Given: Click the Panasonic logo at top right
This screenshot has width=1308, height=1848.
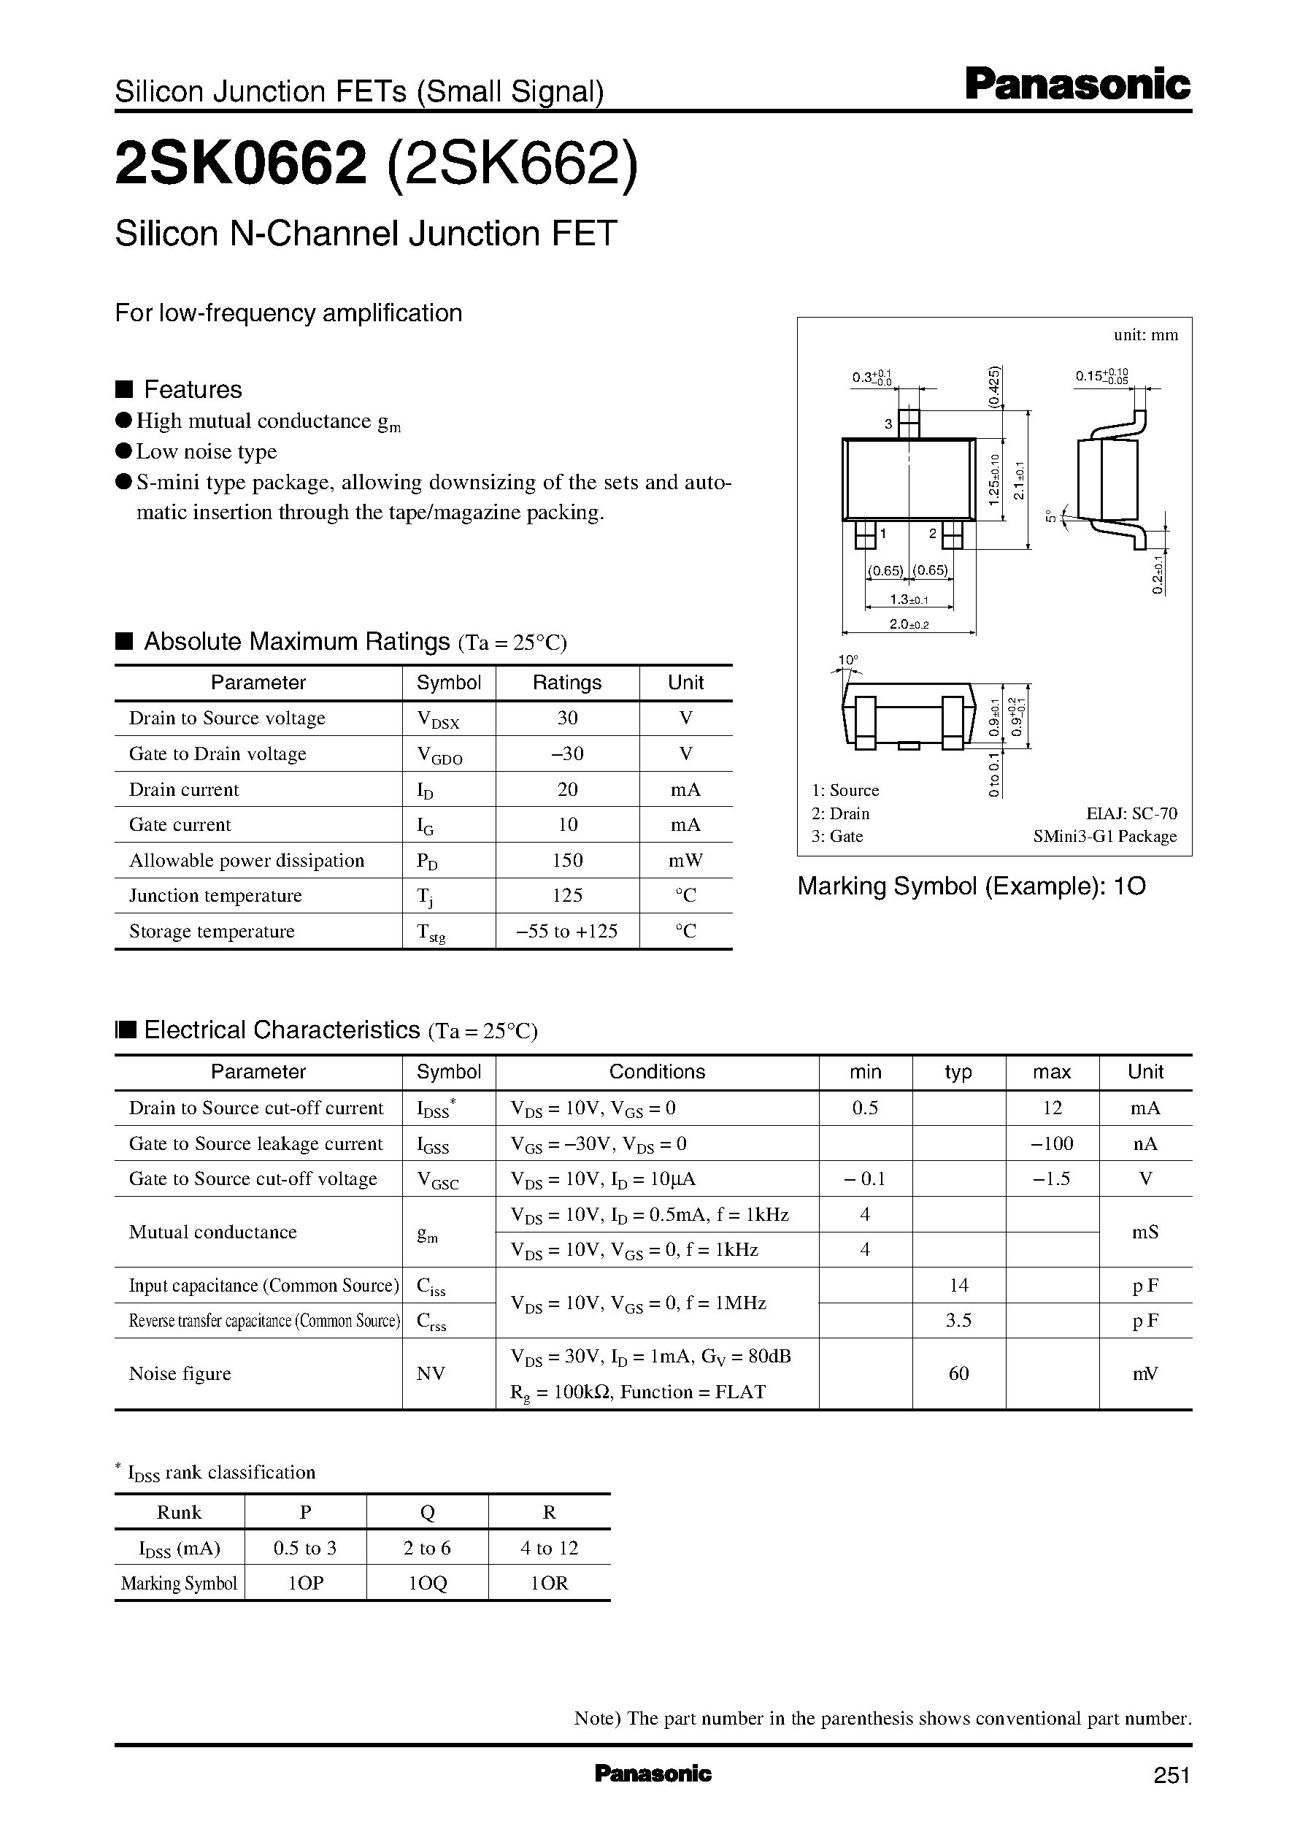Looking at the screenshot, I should coord(1077,85).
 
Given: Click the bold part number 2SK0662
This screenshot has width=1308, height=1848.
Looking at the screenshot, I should coord(241,164).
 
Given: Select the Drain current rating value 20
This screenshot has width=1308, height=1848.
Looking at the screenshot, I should coord(567,789).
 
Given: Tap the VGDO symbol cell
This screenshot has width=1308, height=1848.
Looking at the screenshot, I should coord(439,755).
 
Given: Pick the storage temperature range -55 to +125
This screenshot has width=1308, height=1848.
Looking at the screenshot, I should coord(567,931).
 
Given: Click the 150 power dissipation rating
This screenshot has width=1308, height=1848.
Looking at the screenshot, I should coord(567,860).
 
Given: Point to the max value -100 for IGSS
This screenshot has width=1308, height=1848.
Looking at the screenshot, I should coord(1051,1143).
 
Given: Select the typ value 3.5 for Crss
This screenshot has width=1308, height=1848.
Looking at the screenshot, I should coord(958,1320).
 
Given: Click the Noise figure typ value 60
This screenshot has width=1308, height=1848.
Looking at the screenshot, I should coord(958,1373).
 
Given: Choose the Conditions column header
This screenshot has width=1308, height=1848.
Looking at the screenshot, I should coord(656,1073).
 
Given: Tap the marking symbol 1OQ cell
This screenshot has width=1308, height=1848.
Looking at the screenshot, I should coord(427,1583).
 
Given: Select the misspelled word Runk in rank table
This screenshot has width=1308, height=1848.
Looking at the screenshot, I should coord(179,1512).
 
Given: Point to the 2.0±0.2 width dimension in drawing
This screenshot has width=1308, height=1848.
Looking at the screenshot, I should coord(909,624).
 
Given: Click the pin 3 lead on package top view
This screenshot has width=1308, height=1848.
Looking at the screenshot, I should coord(909,422).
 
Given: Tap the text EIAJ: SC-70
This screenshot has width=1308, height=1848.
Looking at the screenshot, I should coord(1131,813).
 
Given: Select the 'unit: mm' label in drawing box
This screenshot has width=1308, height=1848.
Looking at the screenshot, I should coord(1145,335).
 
